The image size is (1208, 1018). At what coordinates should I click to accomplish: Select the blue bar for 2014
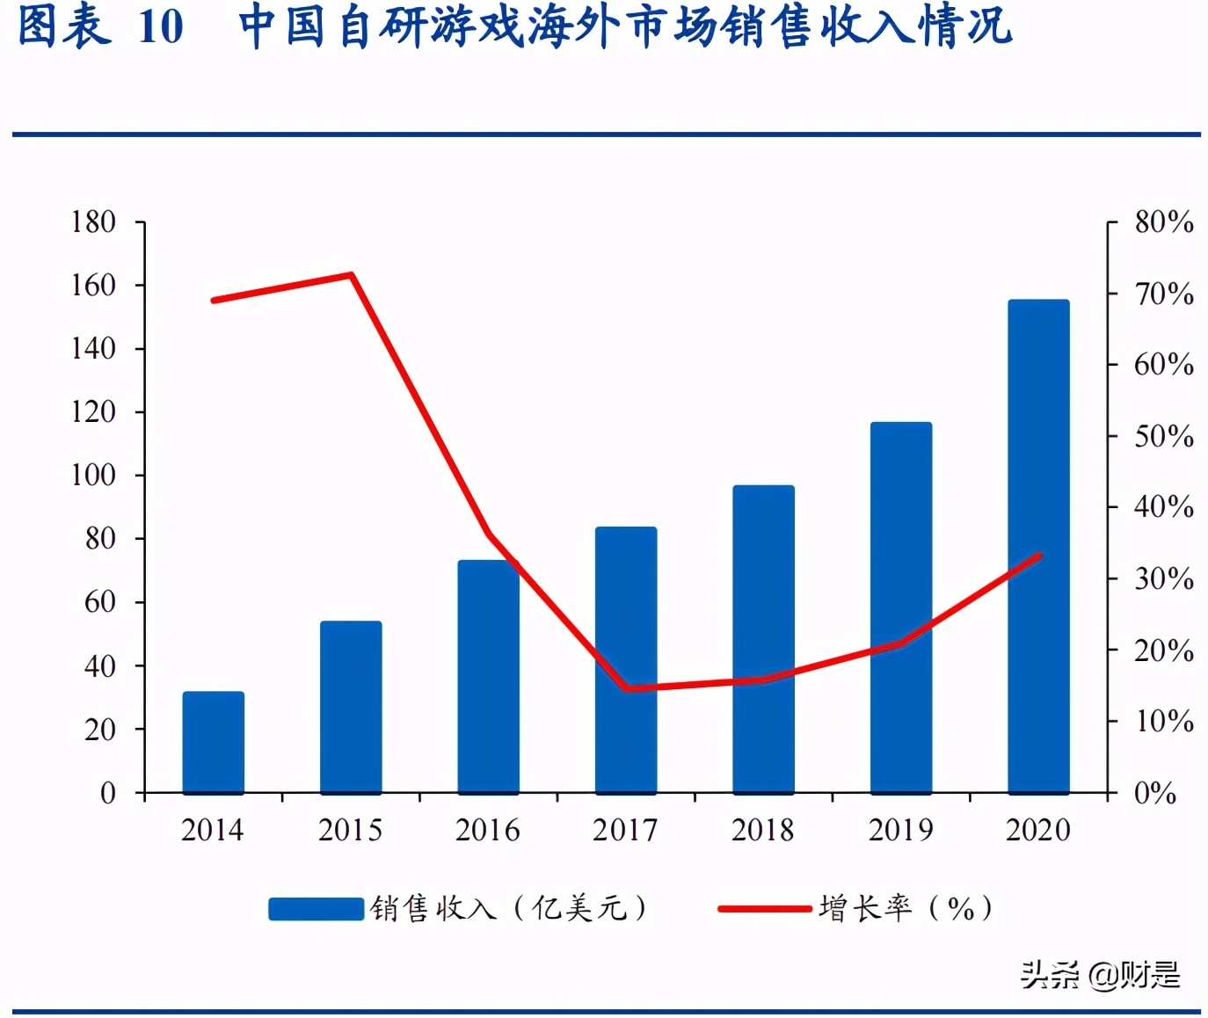pos(214,743)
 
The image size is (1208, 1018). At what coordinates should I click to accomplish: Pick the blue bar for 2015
pos(351,708)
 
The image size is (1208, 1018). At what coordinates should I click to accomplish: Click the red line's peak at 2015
pos(351,275)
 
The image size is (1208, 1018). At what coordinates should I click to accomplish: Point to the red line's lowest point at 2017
pos(626,688)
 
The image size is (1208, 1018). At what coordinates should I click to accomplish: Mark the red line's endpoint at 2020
pos(1039,556)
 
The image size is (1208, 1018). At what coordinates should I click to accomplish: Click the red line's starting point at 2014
pos(214,301)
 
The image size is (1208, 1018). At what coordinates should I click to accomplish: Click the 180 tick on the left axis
pos(93,222)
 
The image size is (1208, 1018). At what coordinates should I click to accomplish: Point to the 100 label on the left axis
pos(93,475)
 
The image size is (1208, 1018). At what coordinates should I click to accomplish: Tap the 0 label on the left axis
pos(107,793)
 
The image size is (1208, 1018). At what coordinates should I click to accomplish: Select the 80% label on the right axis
pos(1163,222)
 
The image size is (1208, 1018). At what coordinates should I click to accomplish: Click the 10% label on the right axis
pos(1163,722)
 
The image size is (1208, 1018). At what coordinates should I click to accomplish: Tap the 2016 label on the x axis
pos(488,830)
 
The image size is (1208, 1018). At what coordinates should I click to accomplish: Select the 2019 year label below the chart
pos(901,830)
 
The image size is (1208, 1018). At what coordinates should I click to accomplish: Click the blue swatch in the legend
pos(316,908)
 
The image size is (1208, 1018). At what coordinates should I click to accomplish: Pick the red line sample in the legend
pos(764,908)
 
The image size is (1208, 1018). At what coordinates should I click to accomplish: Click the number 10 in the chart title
pos(161,26)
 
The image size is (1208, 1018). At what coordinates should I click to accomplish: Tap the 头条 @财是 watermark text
pos(1099,974)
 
